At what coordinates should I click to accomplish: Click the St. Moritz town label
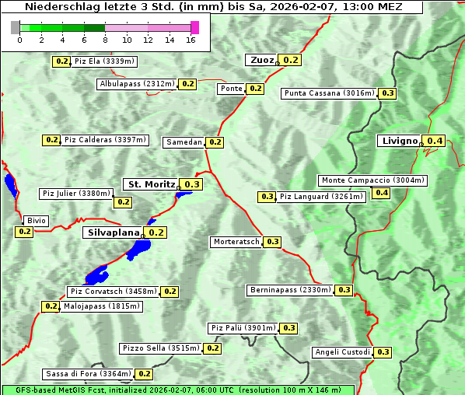151,184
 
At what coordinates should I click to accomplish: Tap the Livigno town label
399,141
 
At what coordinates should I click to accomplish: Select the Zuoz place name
260,60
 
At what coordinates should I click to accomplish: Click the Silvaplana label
113,232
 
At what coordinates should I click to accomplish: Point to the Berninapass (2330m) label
290,290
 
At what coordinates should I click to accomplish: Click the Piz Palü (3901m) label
243,328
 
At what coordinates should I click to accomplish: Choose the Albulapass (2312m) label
137,84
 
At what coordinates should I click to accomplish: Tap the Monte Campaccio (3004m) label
372,180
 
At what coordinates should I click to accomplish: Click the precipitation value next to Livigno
435,141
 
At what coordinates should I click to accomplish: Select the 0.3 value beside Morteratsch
273,242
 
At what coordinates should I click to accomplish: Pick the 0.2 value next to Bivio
24,232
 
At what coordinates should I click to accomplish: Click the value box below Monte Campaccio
382,193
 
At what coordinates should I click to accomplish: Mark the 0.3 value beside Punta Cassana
388,93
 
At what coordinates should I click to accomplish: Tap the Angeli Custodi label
342,352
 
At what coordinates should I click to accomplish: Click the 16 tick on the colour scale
191,39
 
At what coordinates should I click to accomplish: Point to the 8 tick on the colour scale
105,39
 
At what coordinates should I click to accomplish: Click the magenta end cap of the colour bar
194,27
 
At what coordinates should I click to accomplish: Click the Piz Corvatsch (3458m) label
114,292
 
